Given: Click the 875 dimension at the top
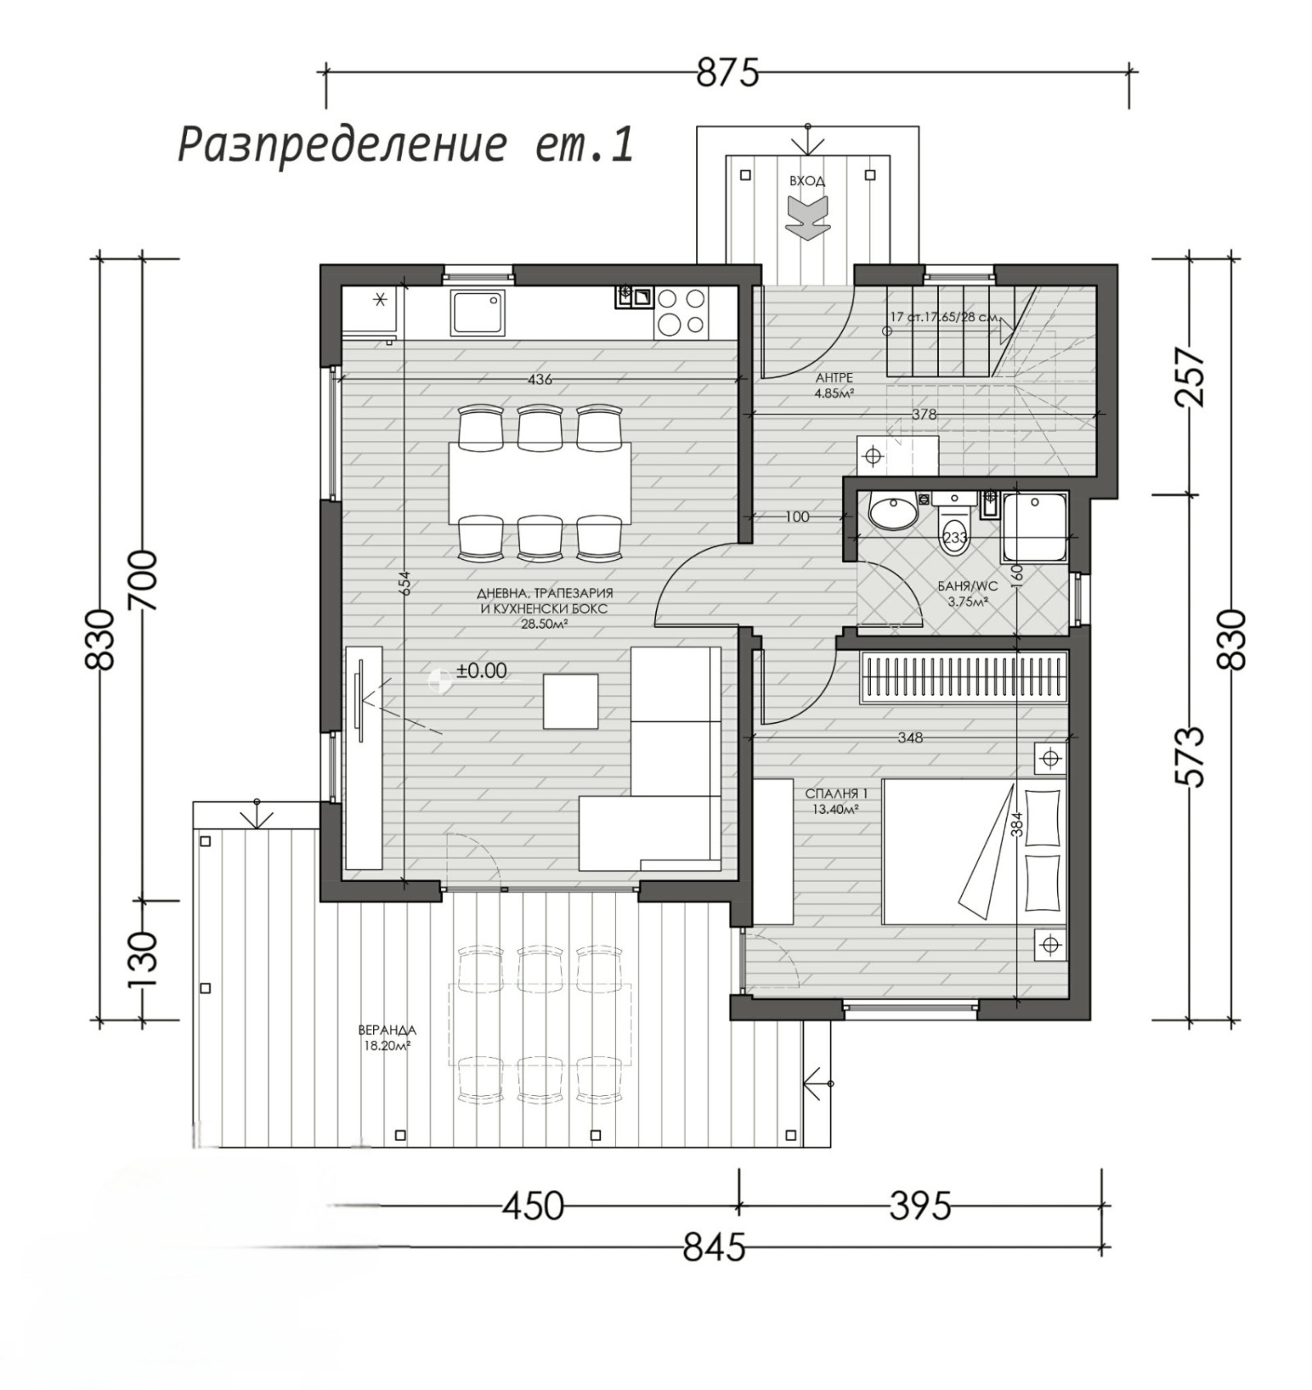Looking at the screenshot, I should pyautogui.click(x=727, y=74).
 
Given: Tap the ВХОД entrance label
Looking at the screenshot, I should pyautogui.click(x=807, y=181).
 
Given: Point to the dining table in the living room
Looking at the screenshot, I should pyautogui.click(x=540, y=484).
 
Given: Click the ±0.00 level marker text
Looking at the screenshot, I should pyautogui.click(x=481, y=670).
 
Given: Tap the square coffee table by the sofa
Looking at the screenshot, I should pyautogui.click(x=570, y=701).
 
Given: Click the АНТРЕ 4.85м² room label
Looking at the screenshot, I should pyautogui.click(x=834, y=384).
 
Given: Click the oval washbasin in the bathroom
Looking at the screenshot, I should pyautogui.click(x=892, y=514).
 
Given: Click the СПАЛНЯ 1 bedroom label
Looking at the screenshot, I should pyautogui.click(x=835, y=801).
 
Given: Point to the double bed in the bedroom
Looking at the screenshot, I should pyautogui.click(x=973, y=852).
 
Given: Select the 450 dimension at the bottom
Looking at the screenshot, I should pyautogui.click(x=533, y=1206).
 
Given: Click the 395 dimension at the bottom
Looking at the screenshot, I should pyautogui.click(x=920, y=1206).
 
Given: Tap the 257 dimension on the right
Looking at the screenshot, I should pyautogui.click(x=1191, y=378).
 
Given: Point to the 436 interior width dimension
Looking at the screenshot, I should pyautogui.click(x=540, y=379).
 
